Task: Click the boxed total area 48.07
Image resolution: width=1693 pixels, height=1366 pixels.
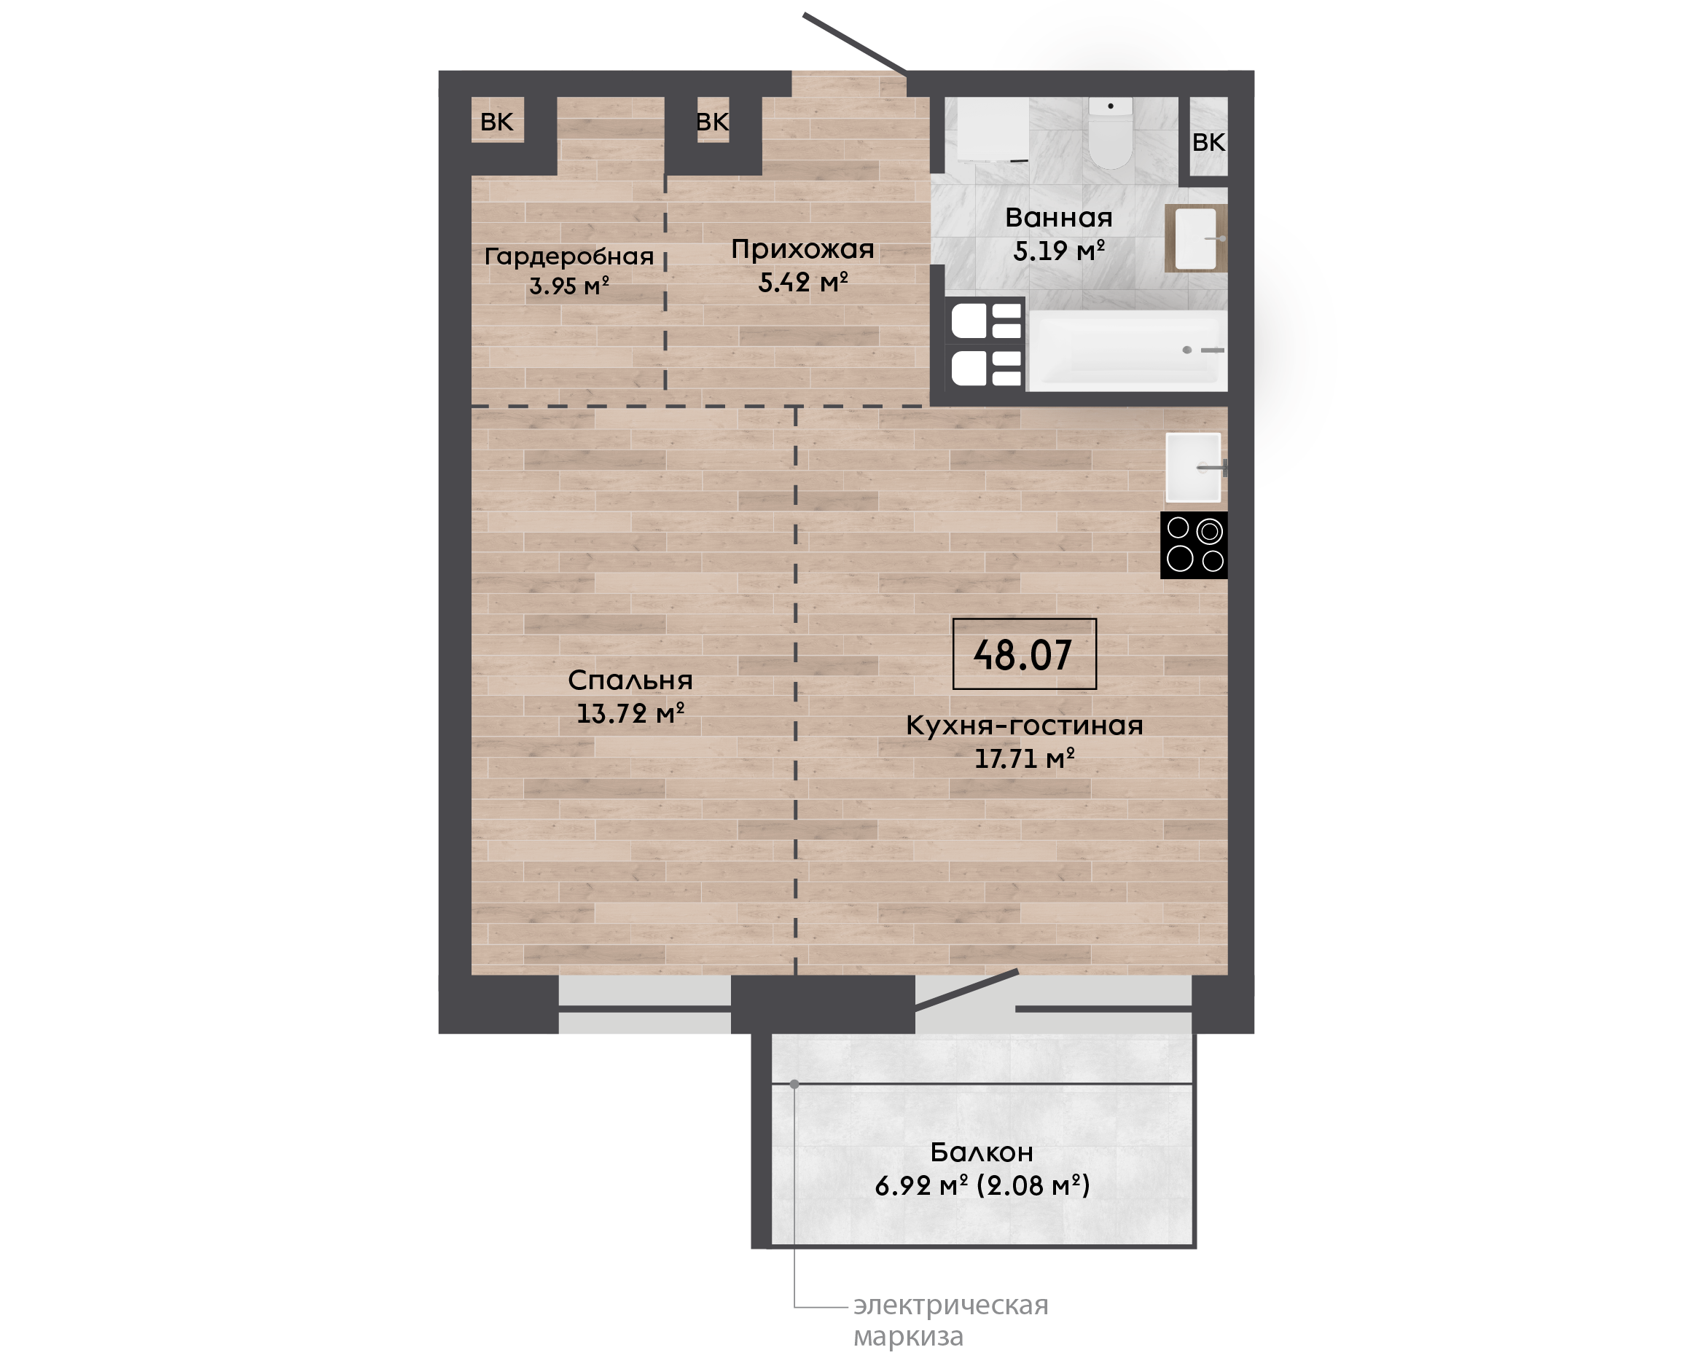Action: pyautogui.click(x=1024, y=654)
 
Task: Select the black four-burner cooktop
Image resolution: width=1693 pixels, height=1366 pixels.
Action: pyautogui.click(x=1194, y=544)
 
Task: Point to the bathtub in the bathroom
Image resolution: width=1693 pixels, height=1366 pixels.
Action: pyautogui.click(x=1128, y=350)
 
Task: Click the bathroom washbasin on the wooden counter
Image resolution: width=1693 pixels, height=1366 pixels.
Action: pyautogui.click(x=1195, y=238)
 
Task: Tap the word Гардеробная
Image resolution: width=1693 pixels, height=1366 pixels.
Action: pyautogui.click(x=569, y=256)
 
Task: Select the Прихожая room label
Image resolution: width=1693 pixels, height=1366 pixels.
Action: pyautogui.click(x=803, y=249)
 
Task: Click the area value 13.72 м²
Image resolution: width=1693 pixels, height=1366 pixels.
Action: pyautogui.click(x=630, y=713)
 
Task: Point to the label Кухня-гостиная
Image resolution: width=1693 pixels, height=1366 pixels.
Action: pyautogui.click(x=1024, y=726)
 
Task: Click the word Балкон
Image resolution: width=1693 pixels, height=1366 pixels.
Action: pyautogui.click(x=982, y=1152)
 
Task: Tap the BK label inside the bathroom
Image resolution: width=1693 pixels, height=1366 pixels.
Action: pyautogui.click(x=1208, y=142)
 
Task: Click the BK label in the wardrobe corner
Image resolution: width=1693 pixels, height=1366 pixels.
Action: pyautogui.click(x=496, y=122)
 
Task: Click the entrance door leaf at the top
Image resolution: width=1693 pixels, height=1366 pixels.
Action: pyautogui.click(x=856, y=44)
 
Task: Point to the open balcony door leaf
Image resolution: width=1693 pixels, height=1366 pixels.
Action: pyautogui.click(x=966, y=989)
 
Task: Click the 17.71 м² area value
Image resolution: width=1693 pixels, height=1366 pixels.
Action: pyautogui.click(x=1024, y=758)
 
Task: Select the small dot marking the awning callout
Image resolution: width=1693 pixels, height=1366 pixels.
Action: pyautogui.click(x=794, y=1084)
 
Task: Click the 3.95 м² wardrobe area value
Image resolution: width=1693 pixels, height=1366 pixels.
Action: pyautogui.click(x=569, y=286)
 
